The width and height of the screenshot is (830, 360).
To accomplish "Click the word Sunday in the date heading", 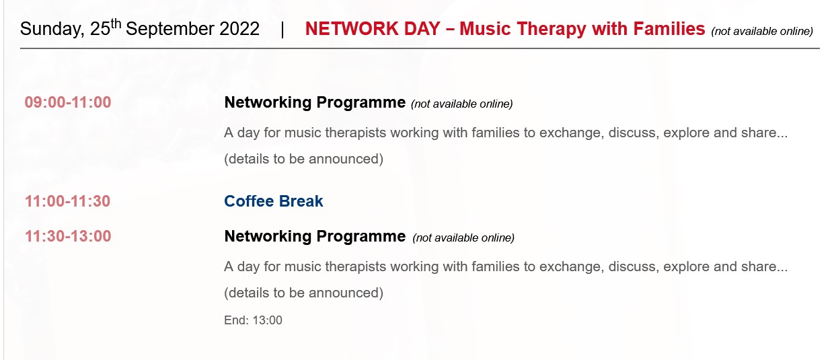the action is coord(52,30).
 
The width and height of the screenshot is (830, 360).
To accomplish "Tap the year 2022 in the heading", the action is coord(239,29).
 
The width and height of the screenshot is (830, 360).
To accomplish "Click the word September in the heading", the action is coord(170,30).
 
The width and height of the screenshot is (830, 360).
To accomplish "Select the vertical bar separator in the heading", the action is coord(282,30).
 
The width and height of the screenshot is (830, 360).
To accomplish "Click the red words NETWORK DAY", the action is coord(373,29).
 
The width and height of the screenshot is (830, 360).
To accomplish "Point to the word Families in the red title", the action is coord(669,28).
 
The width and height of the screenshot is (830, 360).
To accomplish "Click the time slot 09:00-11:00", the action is coord(68,102).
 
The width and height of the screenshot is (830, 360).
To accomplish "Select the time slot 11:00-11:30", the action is coord(67,201).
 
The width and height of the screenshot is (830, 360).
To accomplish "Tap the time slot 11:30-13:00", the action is coord(68,236).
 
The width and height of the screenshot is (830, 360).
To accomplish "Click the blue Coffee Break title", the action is coord(274,201).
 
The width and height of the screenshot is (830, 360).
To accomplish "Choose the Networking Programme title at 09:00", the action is coord(315,103).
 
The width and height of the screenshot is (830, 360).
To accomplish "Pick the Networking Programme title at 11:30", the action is coord(315,237).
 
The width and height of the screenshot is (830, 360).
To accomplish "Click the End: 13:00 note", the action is coord(253,320).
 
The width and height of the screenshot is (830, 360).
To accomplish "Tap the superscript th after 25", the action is coord(116,24).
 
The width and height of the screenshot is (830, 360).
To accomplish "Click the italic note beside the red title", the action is coord(762,32).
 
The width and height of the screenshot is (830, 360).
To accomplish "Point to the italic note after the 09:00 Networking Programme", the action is coord(461,104).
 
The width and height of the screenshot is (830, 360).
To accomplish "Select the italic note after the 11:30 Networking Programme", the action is coord(463,238).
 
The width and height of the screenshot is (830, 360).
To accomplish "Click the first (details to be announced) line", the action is coord(303,159).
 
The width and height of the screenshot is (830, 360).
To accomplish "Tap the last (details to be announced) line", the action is coord(303,293).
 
